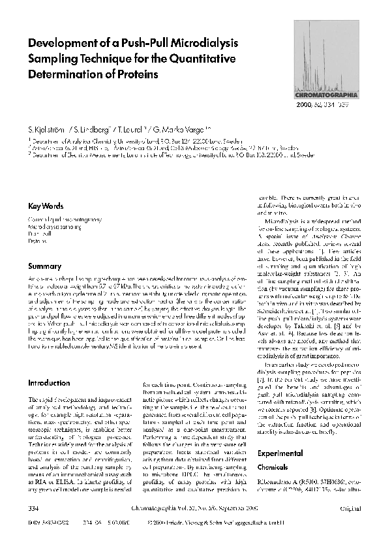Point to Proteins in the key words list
click(37, 241)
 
